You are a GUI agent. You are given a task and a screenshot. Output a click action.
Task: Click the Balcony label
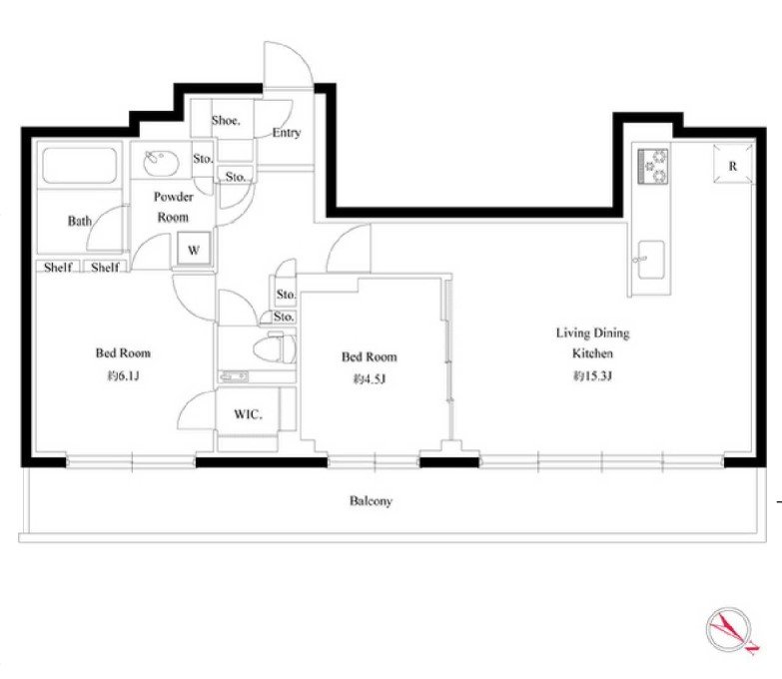coord(371,500)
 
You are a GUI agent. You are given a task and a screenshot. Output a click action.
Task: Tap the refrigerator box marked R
coord(733,164)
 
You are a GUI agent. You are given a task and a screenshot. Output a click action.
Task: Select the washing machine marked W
coord(194,250)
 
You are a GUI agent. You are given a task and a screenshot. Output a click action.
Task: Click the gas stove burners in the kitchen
coord(653,166)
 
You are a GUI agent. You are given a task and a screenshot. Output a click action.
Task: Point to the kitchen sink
coord(651,260)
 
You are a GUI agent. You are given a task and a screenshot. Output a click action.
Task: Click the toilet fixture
coord(275,347)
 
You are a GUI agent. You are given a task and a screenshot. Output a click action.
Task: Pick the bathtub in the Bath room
coord(80,165)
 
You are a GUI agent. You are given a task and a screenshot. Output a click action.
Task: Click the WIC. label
coord(248,414)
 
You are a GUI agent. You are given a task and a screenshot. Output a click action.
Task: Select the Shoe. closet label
coord(226,120)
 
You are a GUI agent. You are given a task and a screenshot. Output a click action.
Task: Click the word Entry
coord(287,133)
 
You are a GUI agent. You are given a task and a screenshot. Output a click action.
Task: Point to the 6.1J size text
coord(123,375)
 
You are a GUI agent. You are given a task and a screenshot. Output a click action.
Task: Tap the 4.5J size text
coord(370,379)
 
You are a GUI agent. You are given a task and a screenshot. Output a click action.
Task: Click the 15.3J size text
coord(592,375)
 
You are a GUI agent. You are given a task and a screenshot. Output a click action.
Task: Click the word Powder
coord(173,197)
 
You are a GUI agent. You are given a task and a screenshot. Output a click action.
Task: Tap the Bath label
coord(80,221)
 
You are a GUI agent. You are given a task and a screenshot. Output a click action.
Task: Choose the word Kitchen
coord(592,353)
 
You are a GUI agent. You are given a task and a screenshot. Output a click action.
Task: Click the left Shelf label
coord(58,267)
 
